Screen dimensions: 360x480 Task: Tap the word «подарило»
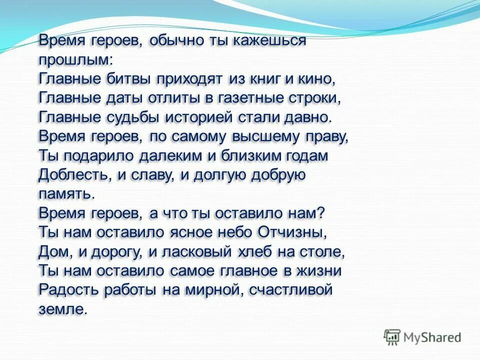(x=97, y=155)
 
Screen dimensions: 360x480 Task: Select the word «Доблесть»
(x=69, y=175)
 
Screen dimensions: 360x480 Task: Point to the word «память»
(x=64, y=194)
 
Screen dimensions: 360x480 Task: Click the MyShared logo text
(x=432, y=337)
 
